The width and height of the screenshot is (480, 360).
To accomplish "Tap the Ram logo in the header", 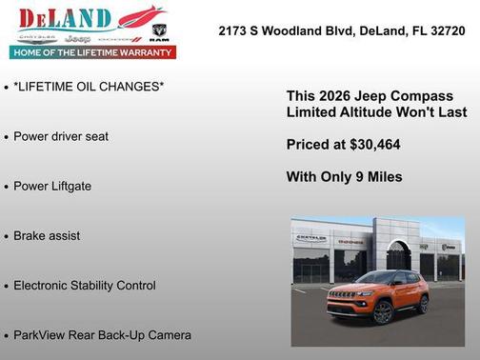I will click(x=160, y=38).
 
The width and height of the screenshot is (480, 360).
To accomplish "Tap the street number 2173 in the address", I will click(x=234, y=30).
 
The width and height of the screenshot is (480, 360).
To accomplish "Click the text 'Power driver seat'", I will click(x=61, y=136).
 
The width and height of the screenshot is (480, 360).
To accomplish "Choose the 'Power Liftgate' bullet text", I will click(x=52, y=186).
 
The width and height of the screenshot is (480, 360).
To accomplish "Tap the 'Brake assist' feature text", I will click(x=47, y=235).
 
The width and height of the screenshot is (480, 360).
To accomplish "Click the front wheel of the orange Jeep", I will click(x=380, y=312).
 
